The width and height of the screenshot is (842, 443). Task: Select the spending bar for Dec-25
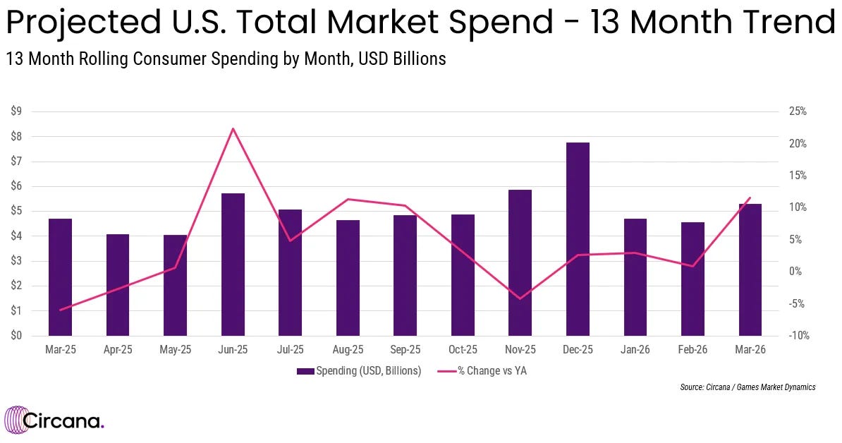[578, 239]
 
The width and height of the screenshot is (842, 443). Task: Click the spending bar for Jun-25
[233, 265]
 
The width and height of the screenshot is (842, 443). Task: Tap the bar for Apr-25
[118, 285]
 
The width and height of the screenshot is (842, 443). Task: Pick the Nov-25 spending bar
[520, 262]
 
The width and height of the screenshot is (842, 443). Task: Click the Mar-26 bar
[750, 269]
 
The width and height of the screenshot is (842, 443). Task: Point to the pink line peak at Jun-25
[233, 128]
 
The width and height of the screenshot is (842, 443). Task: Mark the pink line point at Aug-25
[348, 199]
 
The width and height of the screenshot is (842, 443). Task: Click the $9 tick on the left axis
[16, 111]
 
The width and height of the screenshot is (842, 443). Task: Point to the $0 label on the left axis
[16, 336]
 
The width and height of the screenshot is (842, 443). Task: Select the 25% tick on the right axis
[798, 111]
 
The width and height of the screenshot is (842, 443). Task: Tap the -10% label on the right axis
[798, 336]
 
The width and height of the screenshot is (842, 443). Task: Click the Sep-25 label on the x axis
[405, 350]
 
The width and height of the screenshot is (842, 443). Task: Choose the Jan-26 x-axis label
[635, 350]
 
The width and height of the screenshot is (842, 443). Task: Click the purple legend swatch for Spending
[305, 371]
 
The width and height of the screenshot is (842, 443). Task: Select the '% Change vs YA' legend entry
[482, 371]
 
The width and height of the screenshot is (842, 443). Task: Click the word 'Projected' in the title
[83, 23]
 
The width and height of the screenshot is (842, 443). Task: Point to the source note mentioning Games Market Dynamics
[748, 387]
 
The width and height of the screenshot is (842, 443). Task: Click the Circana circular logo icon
[15, 419]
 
